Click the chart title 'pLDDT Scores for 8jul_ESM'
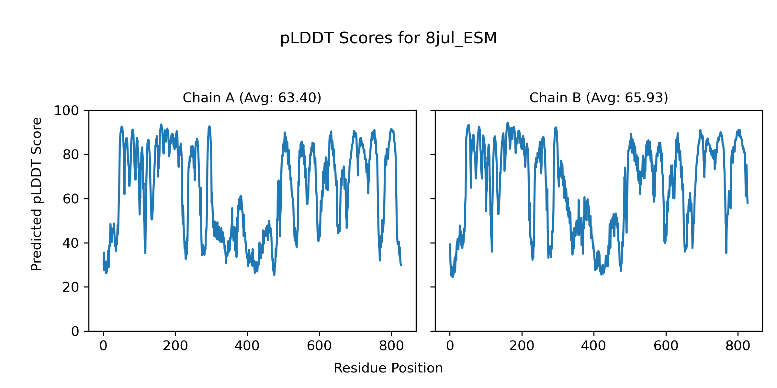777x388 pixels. pyautogui.click(x=388, y=38)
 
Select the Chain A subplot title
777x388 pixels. pyautogui.click(x=252, y=98)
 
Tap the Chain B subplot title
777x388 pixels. pyautogui.click(x=599, y=98)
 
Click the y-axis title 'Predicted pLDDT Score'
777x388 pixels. pyautogui.click(x=37, y=194)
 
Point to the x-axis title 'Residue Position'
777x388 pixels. pyautogui.click(x=388, y=368)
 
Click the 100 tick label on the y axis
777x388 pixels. pyautogui.click(x=66, y=111)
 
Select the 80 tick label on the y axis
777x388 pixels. pyautogui.click(x=71, y=155)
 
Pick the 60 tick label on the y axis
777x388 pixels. pyautogui.click(x=71, y=199)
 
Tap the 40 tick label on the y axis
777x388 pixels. pyautogui.click(x=71, y=243)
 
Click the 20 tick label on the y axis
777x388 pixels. pyautogui.click(x=71, y=287)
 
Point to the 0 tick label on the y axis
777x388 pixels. pyautogui.click(x=75, y=331)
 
